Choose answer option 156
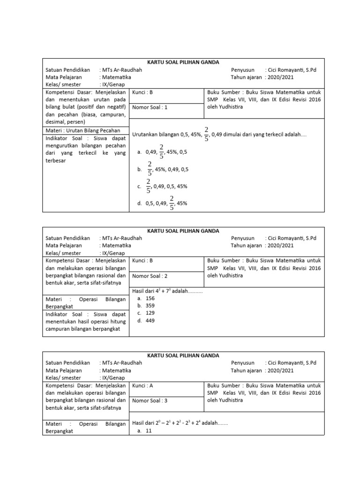tap(150, 298)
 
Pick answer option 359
tap(150, 306)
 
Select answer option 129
tap(150, 313)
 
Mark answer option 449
tap(150, 321)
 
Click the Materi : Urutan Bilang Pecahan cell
tap(83, 130)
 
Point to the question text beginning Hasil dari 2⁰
tap(180, 423)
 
